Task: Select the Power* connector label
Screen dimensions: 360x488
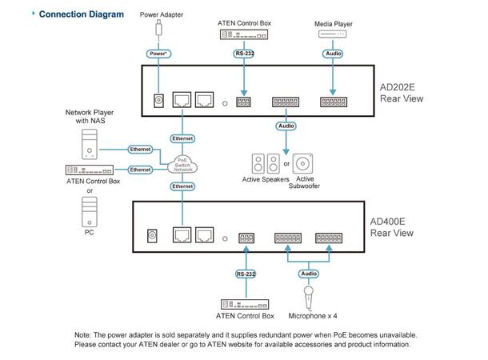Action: coord(157,54)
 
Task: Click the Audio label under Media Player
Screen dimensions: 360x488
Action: coord(333,54)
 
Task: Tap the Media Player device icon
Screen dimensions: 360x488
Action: coord(333,37)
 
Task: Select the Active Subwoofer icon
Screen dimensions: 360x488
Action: coord(303,164)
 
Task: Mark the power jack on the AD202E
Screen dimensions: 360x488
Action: coord(158,102)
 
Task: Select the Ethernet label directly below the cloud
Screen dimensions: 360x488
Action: coord(183,186)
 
